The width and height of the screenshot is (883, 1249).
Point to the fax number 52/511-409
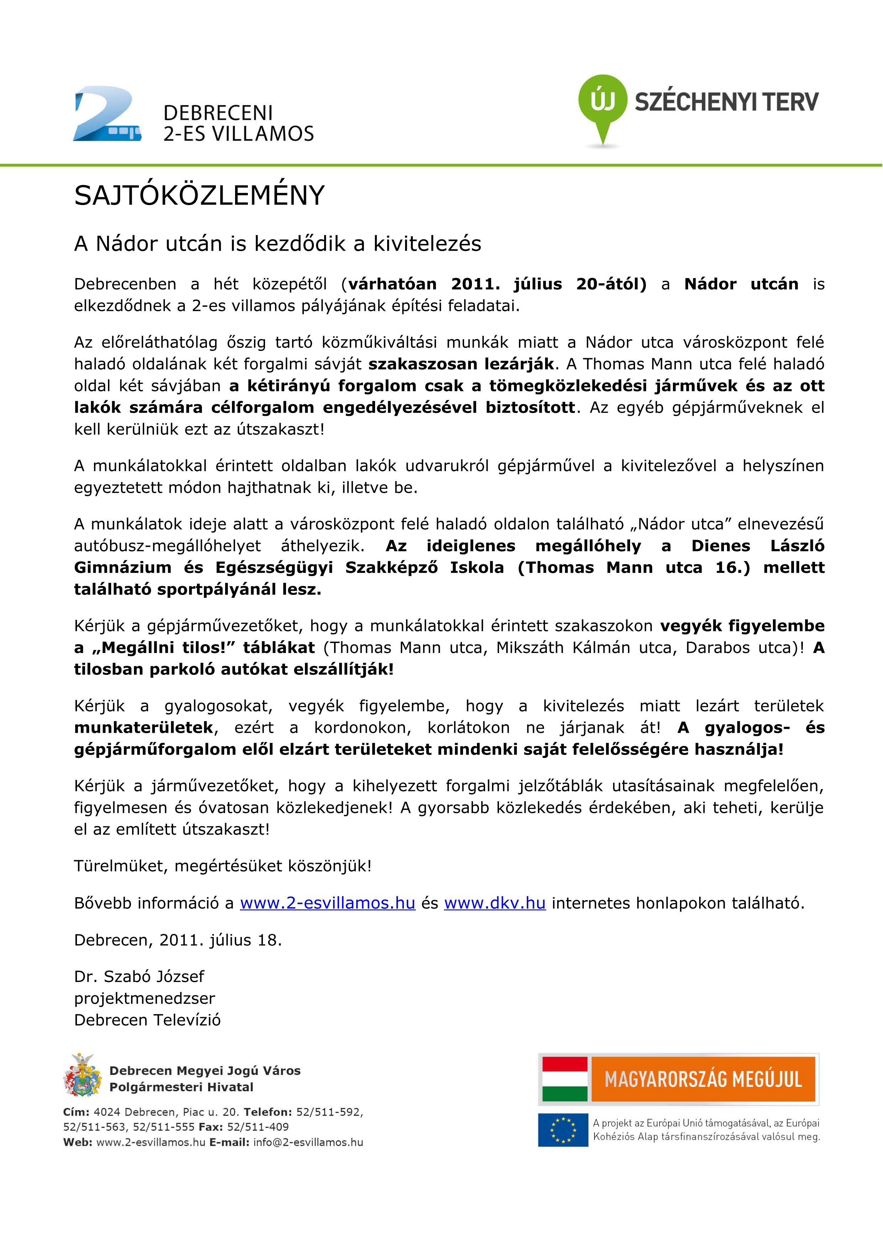click(258, 1127)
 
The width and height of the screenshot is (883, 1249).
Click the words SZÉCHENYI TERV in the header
click(726, 102)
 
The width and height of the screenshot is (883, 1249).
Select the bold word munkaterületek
click(144, 728)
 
